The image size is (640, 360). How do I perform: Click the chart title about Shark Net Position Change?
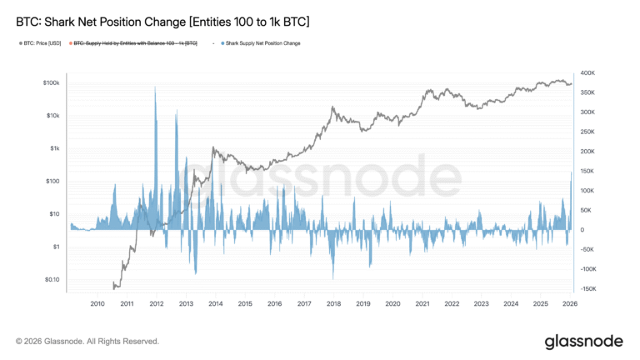point(162,18)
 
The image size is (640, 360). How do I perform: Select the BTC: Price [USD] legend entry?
point(41,42)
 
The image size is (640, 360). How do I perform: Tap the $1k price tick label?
point(52,148)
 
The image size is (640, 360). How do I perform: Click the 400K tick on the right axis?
point(587,73)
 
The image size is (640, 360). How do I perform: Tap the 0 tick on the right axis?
point(581,230)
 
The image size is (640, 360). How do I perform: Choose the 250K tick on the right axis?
point(587,132)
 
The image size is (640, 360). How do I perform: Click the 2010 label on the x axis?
point(97,304)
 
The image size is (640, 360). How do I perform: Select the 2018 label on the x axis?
point(333,304)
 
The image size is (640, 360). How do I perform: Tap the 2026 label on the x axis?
point(570,304)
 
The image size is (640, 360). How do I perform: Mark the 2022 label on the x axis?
point(452,304)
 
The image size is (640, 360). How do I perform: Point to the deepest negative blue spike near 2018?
point(333,277)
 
